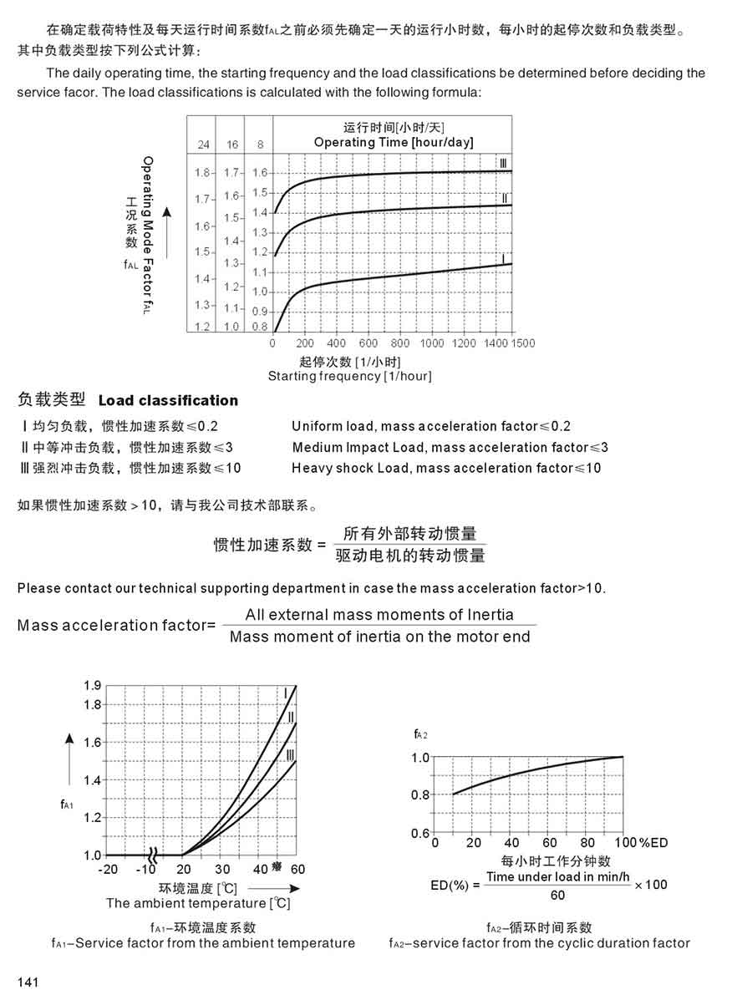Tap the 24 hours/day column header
tap(204, 145)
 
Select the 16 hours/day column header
tap(232, 145)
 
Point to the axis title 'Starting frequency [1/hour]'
tap(349, 376)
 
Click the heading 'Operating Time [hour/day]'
tap(394, 142)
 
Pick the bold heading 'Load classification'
tap(168, 400)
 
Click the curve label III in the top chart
tap(503, 162)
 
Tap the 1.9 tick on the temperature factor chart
tap(92, 685)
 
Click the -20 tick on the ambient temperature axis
tap(107, 870)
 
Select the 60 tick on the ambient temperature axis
tap(298, 870)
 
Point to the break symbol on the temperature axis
tap(153, 855)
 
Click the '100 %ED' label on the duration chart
tap(642, 842)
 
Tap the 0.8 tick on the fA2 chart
tap(419, 794)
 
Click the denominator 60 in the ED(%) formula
tap(557, 895)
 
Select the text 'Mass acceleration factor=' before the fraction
tap(116, 625)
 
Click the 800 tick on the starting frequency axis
tap(400, 343)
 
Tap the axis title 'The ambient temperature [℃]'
tap(198, 903)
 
